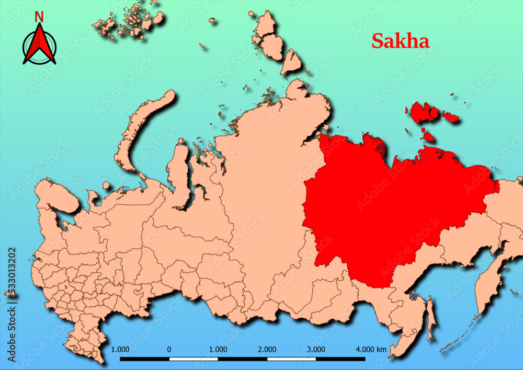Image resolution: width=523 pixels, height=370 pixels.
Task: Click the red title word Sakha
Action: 401,41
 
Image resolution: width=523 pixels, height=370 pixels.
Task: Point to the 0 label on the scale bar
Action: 169,349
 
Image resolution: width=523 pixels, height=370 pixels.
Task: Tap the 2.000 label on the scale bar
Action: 267,349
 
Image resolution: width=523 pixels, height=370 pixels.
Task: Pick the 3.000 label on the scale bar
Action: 316,349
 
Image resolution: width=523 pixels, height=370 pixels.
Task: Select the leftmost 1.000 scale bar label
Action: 120,349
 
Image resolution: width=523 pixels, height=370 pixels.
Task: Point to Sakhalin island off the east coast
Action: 430,319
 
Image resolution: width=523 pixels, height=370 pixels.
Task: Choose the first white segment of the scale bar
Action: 194,359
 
